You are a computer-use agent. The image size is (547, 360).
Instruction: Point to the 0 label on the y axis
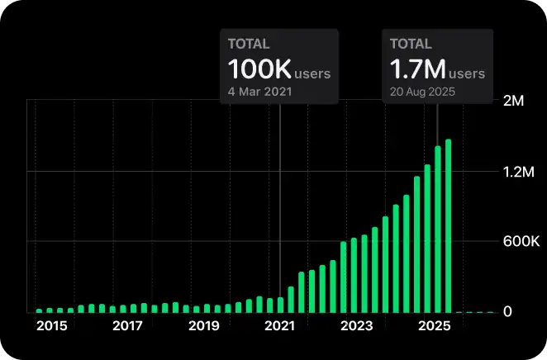click(509, 312)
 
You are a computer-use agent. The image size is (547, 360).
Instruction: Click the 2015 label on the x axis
click(51, 326)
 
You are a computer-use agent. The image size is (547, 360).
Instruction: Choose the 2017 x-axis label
click(127, 326)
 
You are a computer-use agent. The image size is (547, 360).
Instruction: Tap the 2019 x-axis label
click(203, 326)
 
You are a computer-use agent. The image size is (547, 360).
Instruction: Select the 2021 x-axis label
click(280, 326)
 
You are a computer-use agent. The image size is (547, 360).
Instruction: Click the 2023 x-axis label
click(356, 326)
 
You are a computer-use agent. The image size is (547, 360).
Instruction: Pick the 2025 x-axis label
click(433, 326)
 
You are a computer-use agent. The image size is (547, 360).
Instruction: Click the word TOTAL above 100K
click(249, 45)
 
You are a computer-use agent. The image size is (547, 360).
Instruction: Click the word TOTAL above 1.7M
click(411, 45)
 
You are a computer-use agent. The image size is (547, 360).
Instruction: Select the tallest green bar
click(449, 226)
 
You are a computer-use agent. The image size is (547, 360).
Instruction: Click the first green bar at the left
click(39, 310)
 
